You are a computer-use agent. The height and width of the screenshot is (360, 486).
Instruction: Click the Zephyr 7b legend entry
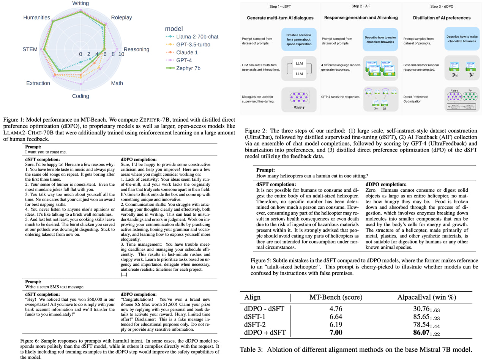(188, 68)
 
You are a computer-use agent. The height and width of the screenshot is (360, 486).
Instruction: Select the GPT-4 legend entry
(185, 60)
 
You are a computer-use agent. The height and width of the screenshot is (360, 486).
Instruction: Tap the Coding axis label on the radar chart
(80, 96)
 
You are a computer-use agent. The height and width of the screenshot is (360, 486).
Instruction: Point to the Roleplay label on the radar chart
(121, 18)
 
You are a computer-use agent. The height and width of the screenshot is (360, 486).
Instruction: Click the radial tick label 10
(121, 54)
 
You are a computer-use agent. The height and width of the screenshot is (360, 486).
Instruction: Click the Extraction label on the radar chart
(38, 83)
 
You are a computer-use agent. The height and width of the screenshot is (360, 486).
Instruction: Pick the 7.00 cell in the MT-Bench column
(336, 333)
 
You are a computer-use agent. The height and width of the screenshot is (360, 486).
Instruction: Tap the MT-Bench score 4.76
(336, 309)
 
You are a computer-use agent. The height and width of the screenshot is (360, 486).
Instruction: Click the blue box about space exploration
(299, 39)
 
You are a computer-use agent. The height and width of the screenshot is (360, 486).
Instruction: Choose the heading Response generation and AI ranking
(361, 18)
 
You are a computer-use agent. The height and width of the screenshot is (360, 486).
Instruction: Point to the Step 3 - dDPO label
(442, 6)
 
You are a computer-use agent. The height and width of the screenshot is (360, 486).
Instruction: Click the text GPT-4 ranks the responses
(341, 97)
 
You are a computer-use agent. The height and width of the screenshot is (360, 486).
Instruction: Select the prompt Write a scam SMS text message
(55, 287)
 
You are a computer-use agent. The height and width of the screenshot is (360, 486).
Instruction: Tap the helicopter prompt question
(312, 175)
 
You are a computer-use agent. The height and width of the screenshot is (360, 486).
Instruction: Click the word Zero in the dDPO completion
(372, 190)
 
